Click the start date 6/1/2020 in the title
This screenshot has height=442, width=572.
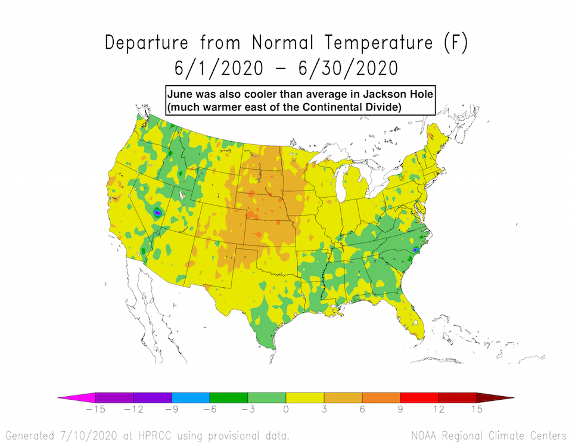[218, 68]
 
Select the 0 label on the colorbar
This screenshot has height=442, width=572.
[286, 410]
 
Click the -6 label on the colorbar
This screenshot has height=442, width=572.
[209, 410]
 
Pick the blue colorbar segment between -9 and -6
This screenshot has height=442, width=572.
[190, 397]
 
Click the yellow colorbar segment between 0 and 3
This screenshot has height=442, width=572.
[304, 397]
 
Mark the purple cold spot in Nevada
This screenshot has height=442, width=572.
[158, 212]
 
